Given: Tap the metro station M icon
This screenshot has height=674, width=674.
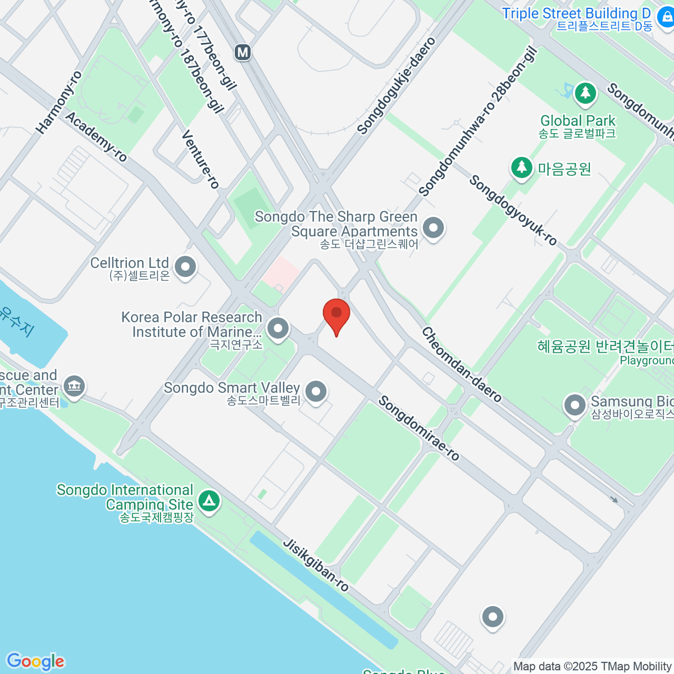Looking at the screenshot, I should coord(243,52).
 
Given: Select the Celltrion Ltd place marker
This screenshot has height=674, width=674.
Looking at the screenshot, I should coord(185,267).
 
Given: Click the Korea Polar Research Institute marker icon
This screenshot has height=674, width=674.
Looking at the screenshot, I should coord(277,329).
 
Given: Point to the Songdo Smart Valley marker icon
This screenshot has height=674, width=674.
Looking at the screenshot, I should coord(316,391).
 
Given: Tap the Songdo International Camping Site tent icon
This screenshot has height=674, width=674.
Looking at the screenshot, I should coord(210,500).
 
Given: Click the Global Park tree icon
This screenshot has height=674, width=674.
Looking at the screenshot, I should coord(585,93).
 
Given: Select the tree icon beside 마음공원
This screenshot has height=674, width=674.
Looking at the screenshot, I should coord(521,167).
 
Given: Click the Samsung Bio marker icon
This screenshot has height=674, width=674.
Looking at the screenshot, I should coord(574,405).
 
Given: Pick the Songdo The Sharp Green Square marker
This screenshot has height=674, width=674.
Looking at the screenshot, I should coord(433,228).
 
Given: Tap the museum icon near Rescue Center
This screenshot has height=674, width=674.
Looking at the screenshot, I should coord(74,385).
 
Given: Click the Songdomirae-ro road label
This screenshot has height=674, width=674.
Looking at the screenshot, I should coord(418,428).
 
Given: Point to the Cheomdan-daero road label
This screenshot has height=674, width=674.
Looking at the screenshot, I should coord(461,365).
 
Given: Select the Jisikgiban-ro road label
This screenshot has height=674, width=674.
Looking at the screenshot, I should coord(316,565).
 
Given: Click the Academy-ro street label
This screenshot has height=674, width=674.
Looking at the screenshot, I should coord(97,136).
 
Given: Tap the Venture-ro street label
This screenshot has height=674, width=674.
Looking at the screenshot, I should coord(201,160).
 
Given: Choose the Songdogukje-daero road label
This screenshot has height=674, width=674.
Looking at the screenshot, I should coord(397,86).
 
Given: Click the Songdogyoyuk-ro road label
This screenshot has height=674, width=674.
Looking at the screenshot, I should coord(513,210).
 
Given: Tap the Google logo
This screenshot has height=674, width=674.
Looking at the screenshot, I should coord(35,662).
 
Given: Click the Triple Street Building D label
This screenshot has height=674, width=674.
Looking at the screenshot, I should coord(576,13).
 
